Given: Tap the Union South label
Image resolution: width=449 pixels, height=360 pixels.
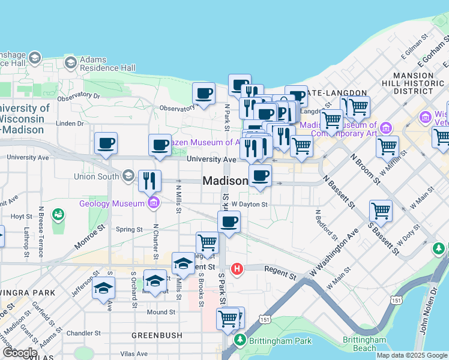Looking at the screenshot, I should pyautogui.click(x=96, y=176).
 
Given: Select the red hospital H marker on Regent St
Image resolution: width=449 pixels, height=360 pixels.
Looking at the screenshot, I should pyautogui.click(x=238, y=269).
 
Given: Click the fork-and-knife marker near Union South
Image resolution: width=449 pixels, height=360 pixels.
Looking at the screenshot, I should pyautogui.click(x=149, y=181).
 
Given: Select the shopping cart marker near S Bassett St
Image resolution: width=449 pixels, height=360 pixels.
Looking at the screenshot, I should pyautogui.click(x=381, y=211).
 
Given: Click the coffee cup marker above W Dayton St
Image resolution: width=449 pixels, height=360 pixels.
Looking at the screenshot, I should pyautogui.click(x=260, y=176).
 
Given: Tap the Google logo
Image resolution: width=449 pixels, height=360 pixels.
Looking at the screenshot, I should pyautogui.click(x=20, y=353).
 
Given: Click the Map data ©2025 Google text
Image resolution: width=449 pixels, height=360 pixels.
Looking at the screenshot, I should pyautogui.click(x=412, y=355).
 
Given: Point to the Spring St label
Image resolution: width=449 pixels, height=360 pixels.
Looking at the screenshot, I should pyautogui.click(x=129, y=229).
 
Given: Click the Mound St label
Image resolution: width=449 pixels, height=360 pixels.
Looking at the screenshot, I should pyautogui.click(x=161, y=312).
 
